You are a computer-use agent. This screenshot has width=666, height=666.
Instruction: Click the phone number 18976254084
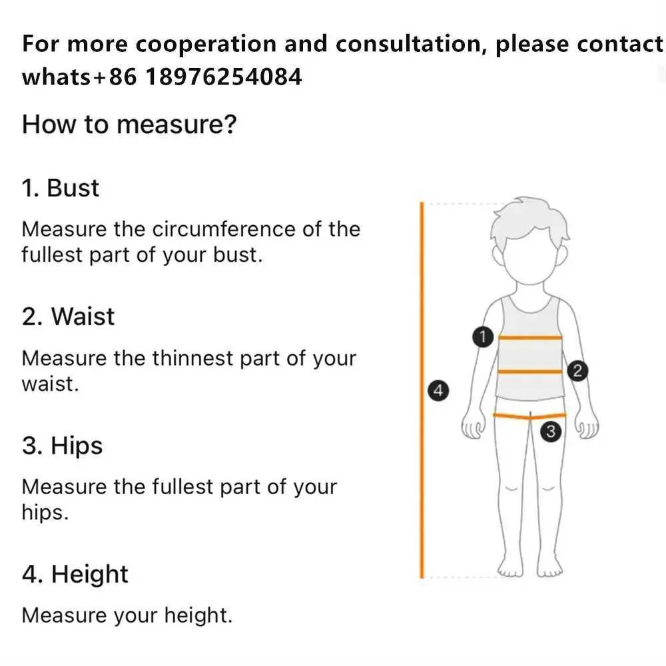point(223,77)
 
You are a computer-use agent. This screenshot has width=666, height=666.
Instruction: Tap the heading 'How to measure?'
point(129,125)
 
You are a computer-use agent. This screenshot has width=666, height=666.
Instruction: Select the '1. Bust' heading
point(61,188)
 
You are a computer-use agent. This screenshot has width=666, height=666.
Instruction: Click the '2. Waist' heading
point(68,316)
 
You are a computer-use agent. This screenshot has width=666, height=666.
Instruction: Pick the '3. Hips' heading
point(62,446)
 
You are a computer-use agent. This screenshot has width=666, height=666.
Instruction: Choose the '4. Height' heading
point(75,574)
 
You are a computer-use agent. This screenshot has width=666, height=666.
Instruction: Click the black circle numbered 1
point(482,337)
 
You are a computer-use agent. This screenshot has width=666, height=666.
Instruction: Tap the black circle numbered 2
point(577,371)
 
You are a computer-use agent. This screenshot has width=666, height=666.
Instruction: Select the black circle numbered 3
point(551,432)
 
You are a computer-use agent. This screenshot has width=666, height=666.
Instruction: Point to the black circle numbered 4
point(438,390)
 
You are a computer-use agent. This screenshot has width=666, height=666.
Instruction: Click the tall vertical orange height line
point(422,390)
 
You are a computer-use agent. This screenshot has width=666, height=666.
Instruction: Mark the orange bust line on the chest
point(530,338)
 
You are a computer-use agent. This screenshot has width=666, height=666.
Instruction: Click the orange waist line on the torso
point(530,372)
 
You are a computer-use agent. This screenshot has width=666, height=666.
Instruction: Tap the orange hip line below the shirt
point(529,416)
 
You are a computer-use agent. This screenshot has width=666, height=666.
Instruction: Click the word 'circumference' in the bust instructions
point(223,229)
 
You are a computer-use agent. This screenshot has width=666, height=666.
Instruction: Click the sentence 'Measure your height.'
point(127,615)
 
